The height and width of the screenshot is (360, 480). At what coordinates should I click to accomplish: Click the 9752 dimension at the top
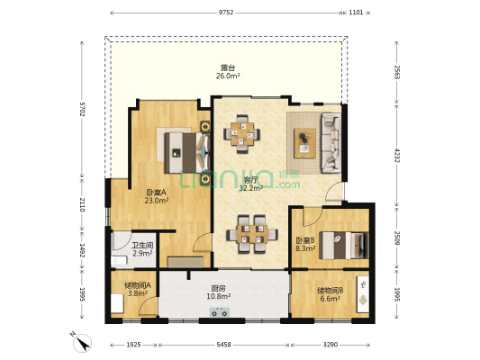[226, 13]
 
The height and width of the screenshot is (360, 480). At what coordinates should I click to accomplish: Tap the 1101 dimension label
[356, 13]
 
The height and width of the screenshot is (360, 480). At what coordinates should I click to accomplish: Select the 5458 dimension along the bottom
[223, 345]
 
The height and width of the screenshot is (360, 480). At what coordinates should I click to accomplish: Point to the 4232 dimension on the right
[397, 156]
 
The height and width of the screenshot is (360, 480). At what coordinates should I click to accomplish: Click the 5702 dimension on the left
[82, 109]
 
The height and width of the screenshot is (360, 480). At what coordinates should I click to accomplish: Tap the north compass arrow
[82, 343]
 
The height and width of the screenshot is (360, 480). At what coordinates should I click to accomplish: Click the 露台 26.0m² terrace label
[228, 72]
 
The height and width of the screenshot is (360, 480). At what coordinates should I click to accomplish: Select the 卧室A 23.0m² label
[157, 196]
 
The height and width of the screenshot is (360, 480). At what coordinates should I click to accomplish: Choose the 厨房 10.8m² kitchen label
[219, 292]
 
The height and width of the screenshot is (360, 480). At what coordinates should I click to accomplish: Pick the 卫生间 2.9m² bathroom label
[142, 249]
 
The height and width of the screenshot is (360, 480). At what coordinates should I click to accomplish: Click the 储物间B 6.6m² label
[330, 294]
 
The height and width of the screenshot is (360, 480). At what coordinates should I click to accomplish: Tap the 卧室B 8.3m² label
[305, 244]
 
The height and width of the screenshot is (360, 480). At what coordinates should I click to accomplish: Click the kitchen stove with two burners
[220, 312]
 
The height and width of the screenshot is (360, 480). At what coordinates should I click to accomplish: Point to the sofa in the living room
[331, 143]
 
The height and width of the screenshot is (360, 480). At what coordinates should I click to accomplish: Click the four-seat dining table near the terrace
[242, 134]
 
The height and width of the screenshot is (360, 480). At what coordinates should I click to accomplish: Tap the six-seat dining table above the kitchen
[252, 234]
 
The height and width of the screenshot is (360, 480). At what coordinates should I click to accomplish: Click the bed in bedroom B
[343, 246]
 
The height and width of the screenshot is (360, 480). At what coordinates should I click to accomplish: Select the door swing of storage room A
[149, 306]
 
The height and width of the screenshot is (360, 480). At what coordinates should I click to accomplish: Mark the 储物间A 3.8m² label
[138, 289]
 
